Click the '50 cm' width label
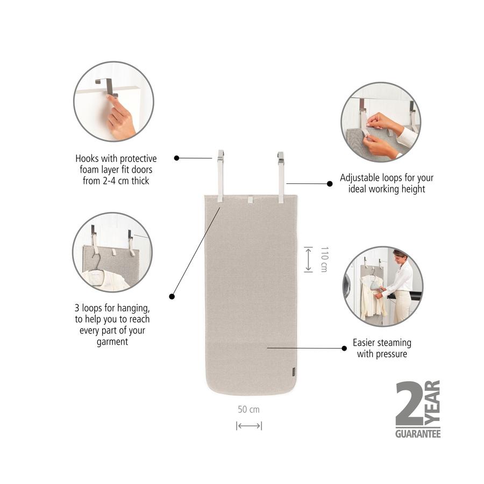[248, 409]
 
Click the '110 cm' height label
[324, 259]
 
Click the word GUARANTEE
[418, 433]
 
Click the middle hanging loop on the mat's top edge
[250, 200]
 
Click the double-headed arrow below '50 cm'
[248, 426]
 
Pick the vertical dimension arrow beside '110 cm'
[308, 259]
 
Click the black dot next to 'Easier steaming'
[344, 348]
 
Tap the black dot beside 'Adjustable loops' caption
[330, 183]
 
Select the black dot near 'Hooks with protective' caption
[176, 158]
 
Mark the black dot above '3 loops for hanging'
[172, 296]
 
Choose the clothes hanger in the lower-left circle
[97, 264]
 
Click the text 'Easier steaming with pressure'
[382, 348]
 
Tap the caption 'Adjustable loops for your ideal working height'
[386, 183]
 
